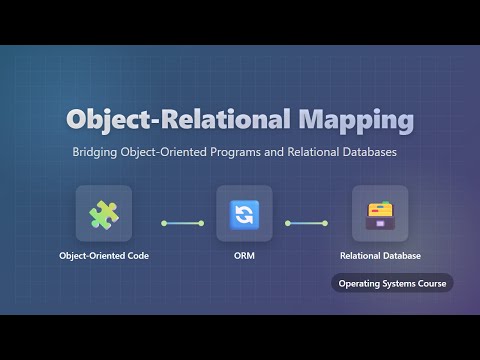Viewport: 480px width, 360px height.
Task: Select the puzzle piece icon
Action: point(103,213)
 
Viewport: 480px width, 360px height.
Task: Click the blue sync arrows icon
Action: point(244,213)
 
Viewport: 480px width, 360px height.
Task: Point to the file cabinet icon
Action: point(380,213)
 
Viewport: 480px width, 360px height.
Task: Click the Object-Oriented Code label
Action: point(103,256)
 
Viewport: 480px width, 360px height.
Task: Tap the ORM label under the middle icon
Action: point(244,256)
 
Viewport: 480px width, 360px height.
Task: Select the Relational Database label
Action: point(380,256)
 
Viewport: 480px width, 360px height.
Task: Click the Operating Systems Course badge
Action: point(392,283)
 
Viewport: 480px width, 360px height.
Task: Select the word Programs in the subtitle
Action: point(233,154)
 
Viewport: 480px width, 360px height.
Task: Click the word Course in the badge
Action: point(430,283)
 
